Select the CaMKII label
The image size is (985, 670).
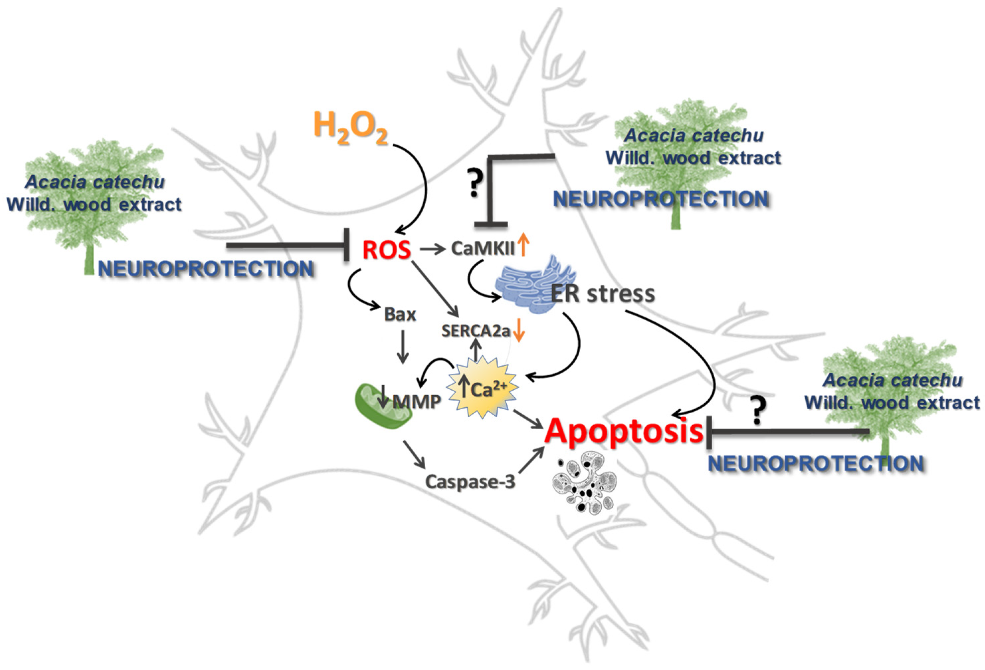point(482,249)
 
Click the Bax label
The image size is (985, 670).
point(400,315)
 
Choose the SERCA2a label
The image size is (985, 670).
point(475,331)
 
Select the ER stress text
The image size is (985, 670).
point(603,294)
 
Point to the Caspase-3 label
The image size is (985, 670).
point(470,481)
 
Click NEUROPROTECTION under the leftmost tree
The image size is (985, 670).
point(206,269)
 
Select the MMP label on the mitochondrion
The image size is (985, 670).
point(417,401)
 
